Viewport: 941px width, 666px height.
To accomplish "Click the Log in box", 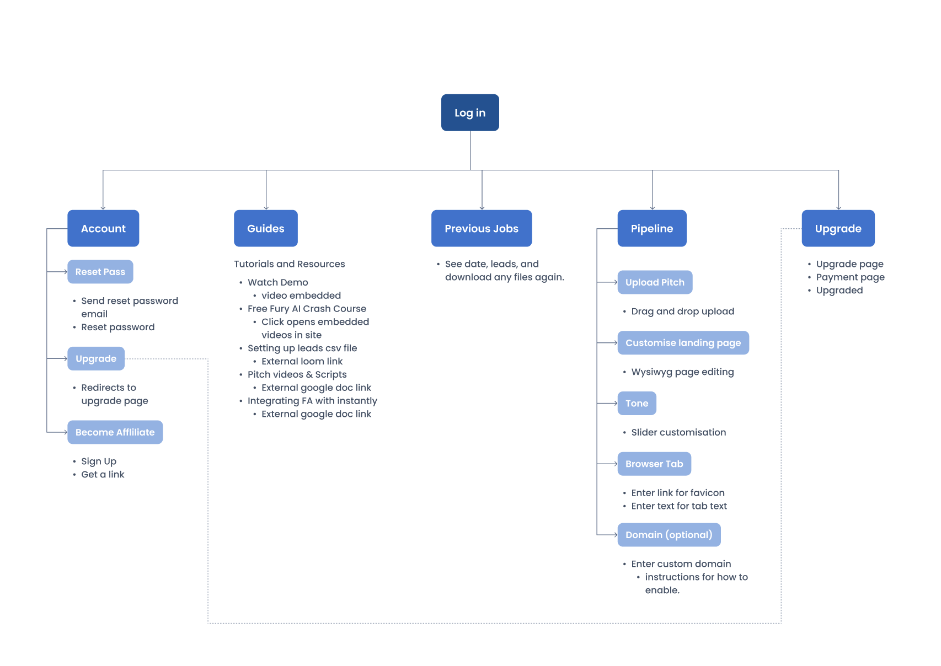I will coord(470,112).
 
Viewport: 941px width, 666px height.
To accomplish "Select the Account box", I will coord(103,228).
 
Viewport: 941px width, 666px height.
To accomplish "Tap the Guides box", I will coord(265,228).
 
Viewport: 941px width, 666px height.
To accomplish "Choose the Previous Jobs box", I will coord(482,228).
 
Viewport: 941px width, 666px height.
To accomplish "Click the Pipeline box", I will coord(652,228).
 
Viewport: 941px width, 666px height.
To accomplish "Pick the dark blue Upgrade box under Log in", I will coord(838,228).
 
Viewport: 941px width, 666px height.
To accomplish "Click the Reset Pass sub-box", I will coord(100,272).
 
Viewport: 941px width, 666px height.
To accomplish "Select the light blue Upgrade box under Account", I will coord(96,358).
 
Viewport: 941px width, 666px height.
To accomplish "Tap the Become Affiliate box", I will coord(115,432).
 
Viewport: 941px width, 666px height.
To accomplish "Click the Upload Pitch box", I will coord(655,282).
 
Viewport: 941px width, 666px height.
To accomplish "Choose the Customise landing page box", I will coord(683,343).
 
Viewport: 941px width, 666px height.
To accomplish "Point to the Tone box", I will coord(637,404).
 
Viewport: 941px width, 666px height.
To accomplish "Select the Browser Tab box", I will coord(654,464).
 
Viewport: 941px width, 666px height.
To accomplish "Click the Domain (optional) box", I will coord(669,535).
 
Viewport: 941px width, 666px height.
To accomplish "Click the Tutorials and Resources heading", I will coord(289,264).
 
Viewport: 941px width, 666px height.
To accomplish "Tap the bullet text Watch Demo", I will coord(277,282).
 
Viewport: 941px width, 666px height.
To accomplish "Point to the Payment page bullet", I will coord(850,277).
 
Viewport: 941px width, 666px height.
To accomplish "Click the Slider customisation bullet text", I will coord(678,432).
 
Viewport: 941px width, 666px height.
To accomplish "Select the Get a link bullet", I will coord(103,475).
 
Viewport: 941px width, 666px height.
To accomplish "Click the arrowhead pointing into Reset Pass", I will coord(65,272).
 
